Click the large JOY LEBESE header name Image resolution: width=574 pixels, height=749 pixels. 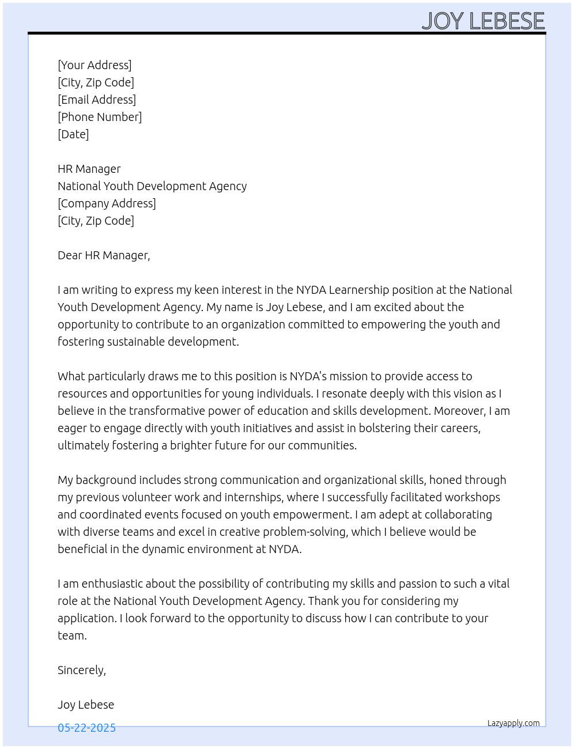pyautogui.click(x=483, y=21)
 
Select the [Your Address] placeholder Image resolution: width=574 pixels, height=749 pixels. pyautogui.click(x=95, y=65)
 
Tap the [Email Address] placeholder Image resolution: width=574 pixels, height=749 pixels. pyautogui.click(x=97, y=100)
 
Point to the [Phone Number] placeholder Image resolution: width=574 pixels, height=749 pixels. pyautogui.click(x=100, y=117)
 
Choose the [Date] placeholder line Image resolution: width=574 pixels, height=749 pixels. pyautogui.click(x=73, y=134)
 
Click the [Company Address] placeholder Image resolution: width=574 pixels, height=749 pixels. pyautogui.click(x=107, y=203)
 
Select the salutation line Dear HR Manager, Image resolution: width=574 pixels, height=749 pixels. pyautogui.click(x=104, y=255)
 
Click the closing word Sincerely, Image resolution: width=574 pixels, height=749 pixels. pyautogui.click(x=82, y=670)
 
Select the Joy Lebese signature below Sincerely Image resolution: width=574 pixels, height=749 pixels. pyautogui.click(x=86, y=705)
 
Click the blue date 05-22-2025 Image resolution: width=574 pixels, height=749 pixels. pyautogui.click(x=86, y=728)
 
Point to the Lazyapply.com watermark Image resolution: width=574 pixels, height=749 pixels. pyautogui.click(x=513, y=723)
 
